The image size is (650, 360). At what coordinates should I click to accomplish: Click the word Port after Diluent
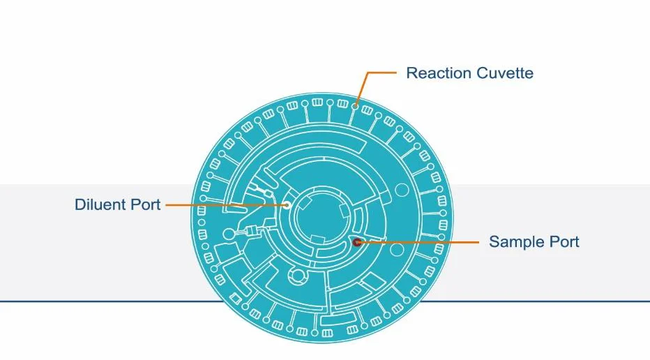click(147, 205)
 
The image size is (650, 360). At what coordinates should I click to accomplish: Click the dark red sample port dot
click(356, 242)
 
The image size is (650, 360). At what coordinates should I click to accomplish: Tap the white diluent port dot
click(286, 205)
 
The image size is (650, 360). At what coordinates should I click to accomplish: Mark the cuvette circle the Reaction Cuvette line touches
click(356, 105)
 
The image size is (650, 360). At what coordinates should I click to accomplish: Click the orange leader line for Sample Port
click(418, 242)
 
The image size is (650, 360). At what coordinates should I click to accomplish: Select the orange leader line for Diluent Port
click(223, 205)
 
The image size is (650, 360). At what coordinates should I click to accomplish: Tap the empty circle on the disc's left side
click(227, 233)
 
